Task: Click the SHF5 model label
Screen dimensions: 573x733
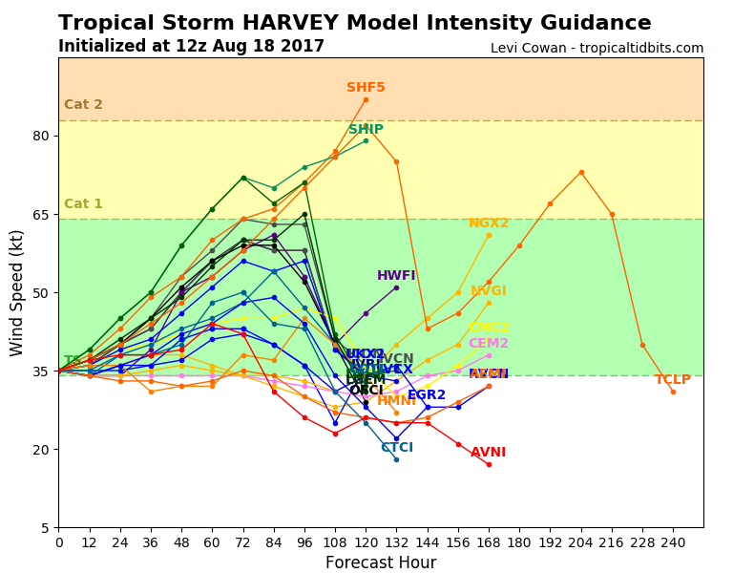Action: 366,88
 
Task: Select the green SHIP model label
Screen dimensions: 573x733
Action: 366,130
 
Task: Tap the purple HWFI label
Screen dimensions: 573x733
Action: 396,276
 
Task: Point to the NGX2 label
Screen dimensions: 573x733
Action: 489,223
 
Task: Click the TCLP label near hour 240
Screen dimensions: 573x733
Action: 672,380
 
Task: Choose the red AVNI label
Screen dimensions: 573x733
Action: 488,453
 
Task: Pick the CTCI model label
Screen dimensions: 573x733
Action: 397,448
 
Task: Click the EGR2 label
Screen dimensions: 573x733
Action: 427,395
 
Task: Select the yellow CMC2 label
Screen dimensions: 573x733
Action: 489,328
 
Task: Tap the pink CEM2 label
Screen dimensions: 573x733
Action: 489,344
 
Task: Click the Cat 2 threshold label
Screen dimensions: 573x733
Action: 83,105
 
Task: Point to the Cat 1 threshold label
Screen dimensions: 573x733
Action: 83,204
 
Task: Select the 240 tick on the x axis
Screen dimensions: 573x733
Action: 673,541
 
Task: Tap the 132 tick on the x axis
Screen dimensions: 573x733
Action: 396,541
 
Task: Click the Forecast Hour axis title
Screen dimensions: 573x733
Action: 381,562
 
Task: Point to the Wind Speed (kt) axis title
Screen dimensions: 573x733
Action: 17,292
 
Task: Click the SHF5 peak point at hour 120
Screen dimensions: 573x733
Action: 366,99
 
